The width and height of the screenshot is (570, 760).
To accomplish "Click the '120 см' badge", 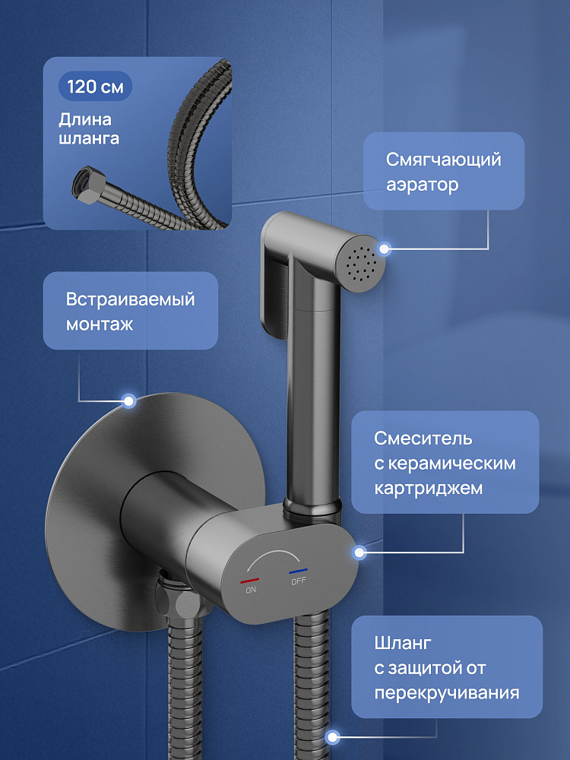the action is [x=95, y=87].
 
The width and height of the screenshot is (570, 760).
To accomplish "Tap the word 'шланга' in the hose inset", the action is [x=89, y=138].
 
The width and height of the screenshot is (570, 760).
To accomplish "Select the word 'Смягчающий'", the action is [x=443, y=160].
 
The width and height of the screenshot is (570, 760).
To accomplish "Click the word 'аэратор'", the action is [x=422, y=185].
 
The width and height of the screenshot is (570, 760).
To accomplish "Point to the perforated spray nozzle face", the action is [x=360, y=264].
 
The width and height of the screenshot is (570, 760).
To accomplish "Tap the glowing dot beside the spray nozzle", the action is [x=385, y=249].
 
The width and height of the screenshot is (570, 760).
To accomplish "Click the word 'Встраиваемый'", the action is [x=130, y=299].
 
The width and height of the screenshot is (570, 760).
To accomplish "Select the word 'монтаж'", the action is [x=100, y=325].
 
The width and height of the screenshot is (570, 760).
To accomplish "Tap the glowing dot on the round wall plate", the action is [x=128, y=401].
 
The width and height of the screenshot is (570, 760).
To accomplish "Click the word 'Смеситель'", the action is [x=423, y=439].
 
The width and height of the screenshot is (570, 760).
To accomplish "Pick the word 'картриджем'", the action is [x=428, y=488].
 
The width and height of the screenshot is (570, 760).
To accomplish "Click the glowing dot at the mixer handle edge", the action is [x=359, y=552].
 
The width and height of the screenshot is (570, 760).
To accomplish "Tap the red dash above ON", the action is [x=249, y=580].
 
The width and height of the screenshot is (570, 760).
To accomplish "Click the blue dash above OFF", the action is [x=298, y=571].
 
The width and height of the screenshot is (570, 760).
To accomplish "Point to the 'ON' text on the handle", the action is [x=251, y=590].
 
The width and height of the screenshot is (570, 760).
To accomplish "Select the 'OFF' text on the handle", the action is [x=299, y=581].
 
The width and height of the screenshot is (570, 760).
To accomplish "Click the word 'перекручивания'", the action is [x=446, y=693].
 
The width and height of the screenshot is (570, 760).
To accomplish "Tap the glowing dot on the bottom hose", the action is [x=332, y=738].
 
